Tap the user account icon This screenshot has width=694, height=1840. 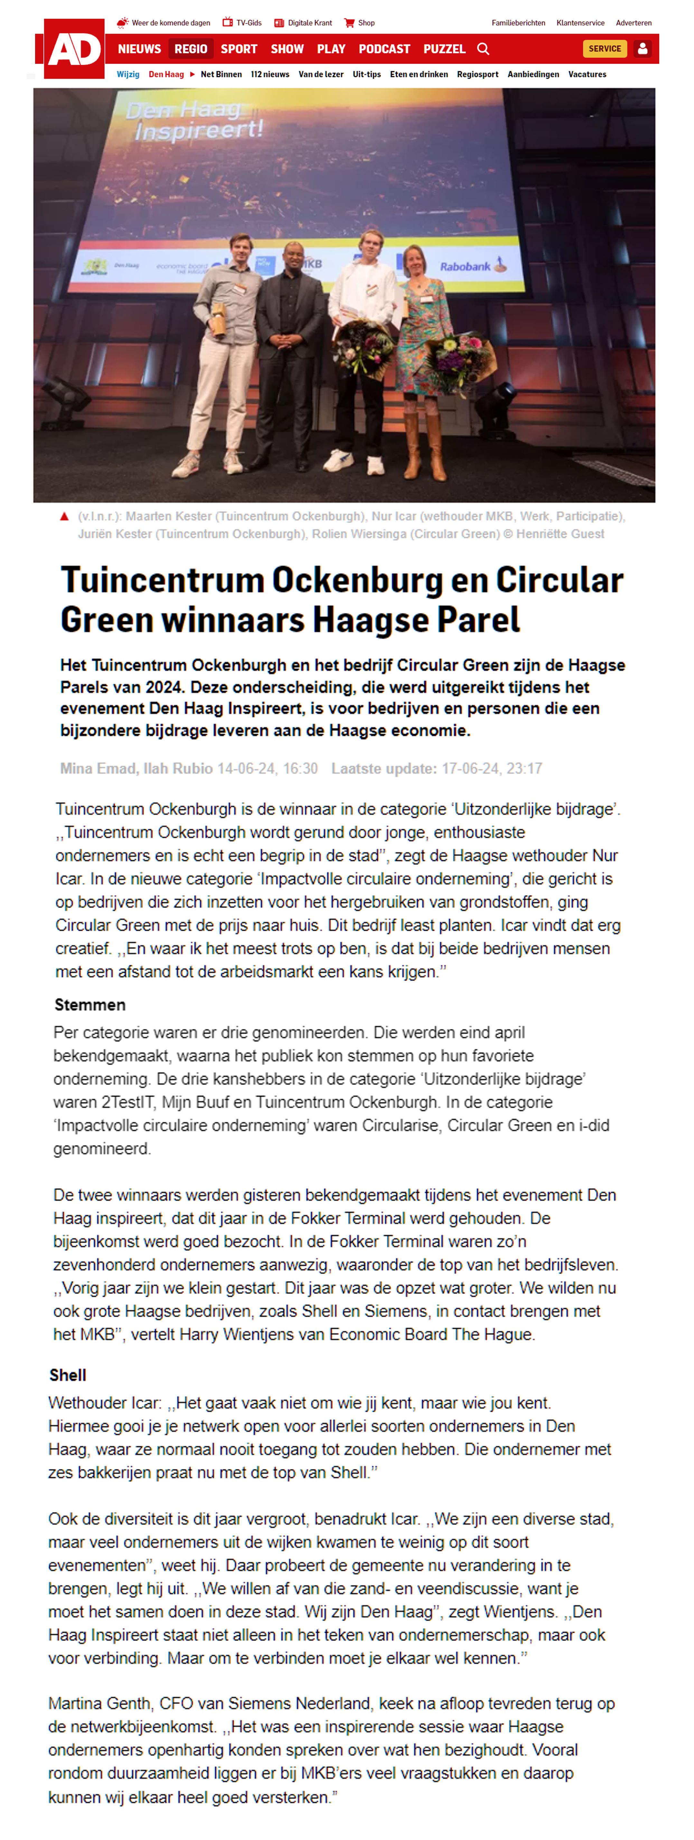pos(642,49)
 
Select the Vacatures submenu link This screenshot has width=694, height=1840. pos(587,74)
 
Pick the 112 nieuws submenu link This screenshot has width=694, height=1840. pos(270,74)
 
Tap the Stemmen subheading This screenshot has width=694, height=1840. pos(90,1005)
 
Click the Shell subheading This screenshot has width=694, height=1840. pos(68,1375)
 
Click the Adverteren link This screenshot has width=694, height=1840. pos(633,23)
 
